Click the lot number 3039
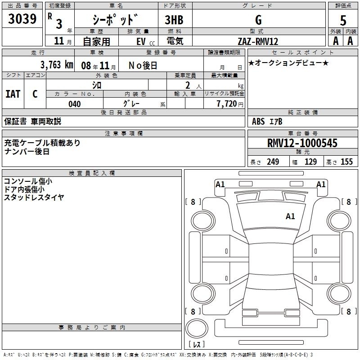[x=22, y=18]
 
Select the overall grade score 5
[x=343, y=20]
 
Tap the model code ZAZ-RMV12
[x=258, y=41]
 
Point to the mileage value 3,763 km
[x=57, y=65]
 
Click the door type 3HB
[x=174, y=20]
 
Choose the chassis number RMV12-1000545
[x=302, y=143]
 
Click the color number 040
[x=74, y=104]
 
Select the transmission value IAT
[x=13, y=94]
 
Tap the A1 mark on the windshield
[x=290, y=216]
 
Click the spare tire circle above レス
[x=197, y=328]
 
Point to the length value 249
[x=273, y=162]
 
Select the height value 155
[x=346, y=162]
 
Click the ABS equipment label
[x=258, y=121]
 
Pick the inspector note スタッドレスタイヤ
[x=34, y=197]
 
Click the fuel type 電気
[x=175, y=41]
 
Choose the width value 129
[x=310, y=162]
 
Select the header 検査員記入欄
[x=92, y=173]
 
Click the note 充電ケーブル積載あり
[x=42, y=143]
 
